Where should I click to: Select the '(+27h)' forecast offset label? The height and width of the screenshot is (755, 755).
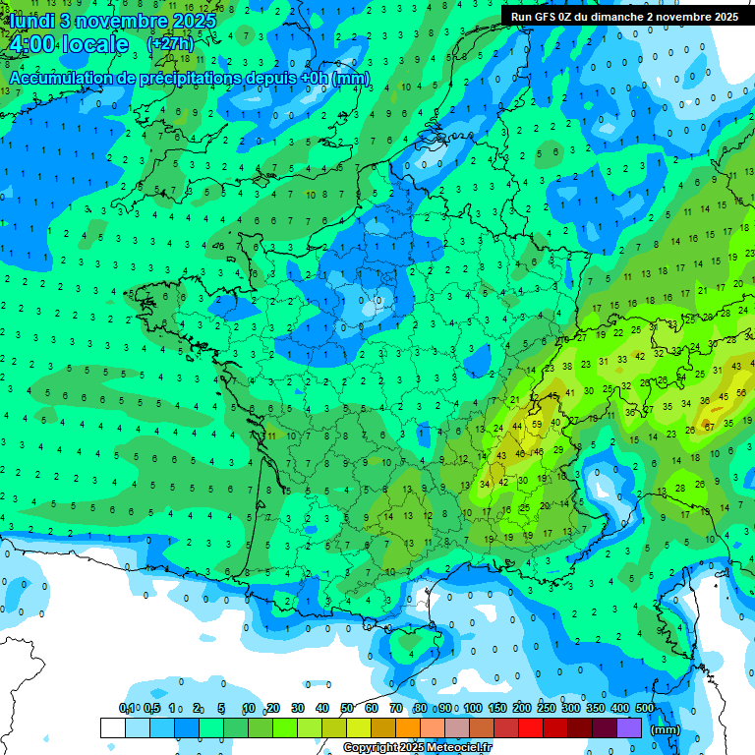170,44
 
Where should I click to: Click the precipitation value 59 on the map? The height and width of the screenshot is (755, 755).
537,425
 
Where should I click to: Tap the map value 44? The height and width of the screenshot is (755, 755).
517,426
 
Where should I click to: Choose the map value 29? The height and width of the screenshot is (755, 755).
558,449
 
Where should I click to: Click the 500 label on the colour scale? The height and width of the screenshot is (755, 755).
645,709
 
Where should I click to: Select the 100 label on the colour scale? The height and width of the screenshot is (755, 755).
472,709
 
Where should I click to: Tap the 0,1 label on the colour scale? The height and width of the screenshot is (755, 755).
127,709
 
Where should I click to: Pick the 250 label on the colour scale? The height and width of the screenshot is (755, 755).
546,709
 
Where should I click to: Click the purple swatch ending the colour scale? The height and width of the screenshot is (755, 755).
629,727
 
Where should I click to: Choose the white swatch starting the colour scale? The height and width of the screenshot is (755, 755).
112,727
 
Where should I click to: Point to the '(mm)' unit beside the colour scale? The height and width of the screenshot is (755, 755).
667,729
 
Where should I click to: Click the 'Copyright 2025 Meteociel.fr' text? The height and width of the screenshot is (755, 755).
417,748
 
